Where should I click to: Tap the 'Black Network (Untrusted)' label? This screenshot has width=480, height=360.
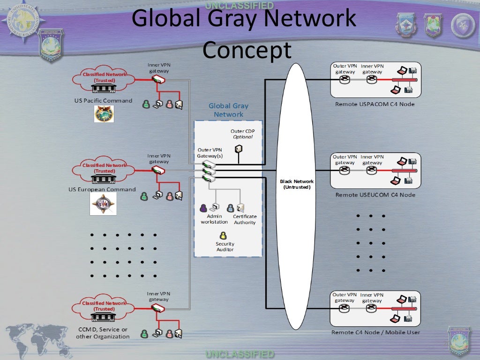(x=297, y=184)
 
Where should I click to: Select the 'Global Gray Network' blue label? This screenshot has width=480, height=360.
(x=228, y=110)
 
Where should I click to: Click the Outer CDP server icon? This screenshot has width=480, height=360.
(x=239, y=149)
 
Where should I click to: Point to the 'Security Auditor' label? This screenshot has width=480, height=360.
(x=225, y=247)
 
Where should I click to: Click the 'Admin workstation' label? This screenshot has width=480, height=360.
(x=214, y=219)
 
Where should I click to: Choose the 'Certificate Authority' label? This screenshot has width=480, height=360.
(x=245, y=219)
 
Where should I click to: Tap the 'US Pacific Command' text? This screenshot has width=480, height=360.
(x=103, y=101)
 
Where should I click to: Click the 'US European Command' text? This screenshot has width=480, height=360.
(x=102, y=190)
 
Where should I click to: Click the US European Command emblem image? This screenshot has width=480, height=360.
(x=103, y=204)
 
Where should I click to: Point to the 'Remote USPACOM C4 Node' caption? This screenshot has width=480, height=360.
(x=375, y=104)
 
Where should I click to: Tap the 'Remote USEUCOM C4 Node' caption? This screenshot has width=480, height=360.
(x=375, y=195)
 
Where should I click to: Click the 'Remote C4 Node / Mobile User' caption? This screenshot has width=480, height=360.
(x=375, y=332)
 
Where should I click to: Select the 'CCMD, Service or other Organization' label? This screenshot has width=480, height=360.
(x=103, y=333)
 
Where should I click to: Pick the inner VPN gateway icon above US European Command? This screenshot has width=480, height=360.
(x=158, y=170)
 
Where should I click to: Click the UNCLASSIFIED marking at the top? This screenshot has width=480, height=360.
(x=239, y=5)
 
